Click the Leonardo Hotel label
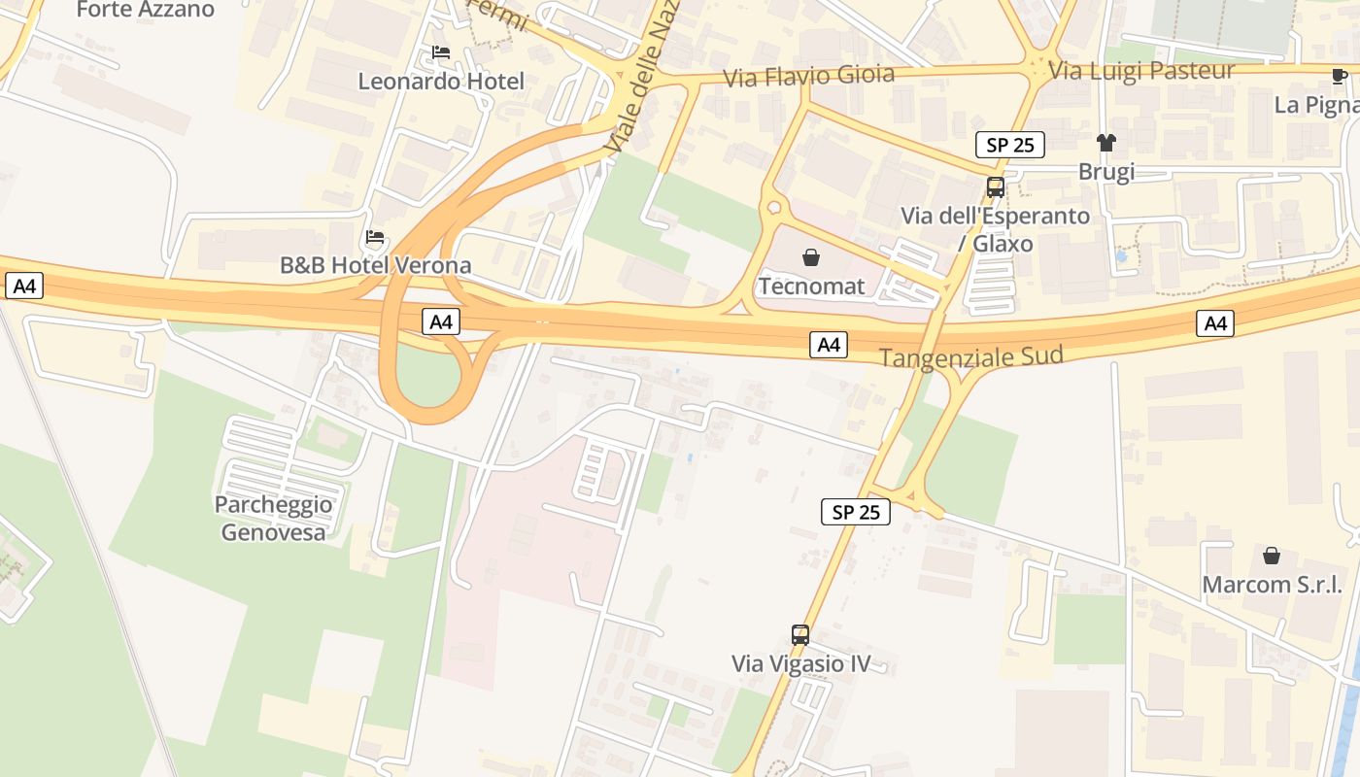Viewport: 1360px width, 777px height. click(441, 82)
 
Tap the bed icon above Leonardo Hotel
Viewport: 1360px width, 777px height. click(441, 52)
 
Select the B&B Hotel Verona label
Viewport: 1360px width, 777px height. click(376, 265)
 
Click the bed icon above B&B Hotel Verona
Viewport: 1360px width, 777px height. click(375, 237)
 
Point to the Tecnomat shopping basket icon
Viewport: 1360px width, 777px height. click(811, 257)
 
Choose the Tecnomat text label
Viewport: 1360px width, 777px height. click(811, 287)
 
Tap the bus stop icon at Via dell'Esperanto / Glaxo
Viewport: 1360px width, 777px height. click(996, 187)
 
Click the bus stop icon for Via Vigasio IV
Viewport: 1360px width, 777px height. click(800, 635)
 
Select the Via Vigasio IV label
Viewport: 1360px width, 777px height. click(800, 664)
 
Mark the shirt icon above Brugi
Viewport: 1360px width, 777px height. click(1106, 143)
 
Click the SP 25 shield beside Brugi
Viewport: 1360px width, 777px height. click(1010, 145)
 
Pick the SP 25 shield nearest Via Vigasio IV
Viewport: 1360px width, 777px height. click(856, 512)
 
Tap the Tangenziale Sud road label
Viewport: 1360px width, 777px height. click(971, 357)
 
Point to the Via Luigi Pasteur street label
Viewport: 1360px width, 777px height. click(1142, 70)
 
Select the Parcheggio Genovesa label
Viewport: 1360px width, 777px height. click(273, 518)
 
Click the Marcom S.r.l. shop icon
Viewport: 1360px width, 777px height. click(1272, 556)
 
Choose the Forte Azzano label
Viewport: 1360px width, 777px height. click(145, 10)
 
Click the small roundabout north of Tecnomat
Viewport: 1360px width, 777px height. click(774, 207)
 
